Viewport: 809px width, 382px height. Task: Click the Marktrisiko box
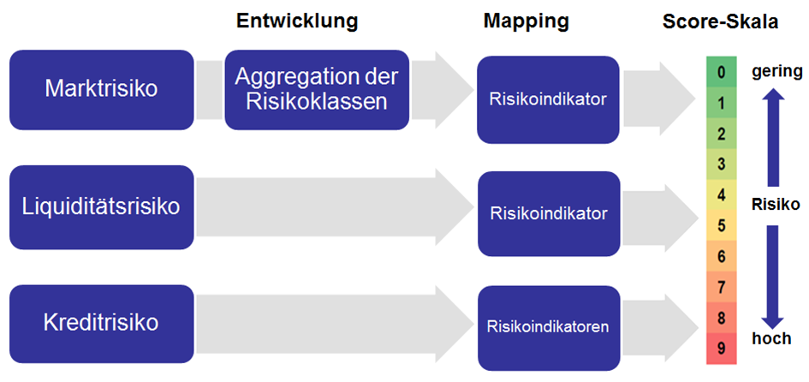point(102,90)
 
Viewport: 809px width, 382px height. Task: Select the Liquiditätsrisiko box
point(102,207)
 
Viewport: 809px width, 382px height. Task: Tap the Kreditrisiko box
point(102,324)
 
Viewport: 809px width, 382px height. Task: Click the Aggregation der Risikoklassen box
point(317,90)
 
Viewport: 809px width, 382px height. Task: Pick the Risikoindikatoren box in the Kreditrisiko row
point(548,328)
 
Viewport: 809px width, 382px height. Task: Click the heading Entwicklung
point(297,21)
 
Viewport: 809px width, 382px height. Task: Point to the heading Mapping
point(526,21)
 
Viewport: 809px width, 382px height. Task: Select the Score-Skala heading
point(720,21)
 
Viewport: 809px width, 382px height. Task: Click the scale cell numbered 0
point(722,72)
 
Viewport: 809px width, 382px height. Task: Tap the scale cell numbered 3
point(722,164)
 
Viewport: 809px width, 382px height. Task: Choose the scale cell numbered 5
point(722,226)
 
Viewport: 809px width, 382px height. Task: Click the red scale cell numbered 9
point(722,349)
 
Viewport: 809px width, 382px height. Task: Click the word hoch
point(771,338)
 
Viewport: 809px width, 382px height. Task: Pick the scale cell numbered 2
point(722,134)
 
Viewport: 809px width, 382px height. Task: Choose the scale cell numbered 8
point(722,318)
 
